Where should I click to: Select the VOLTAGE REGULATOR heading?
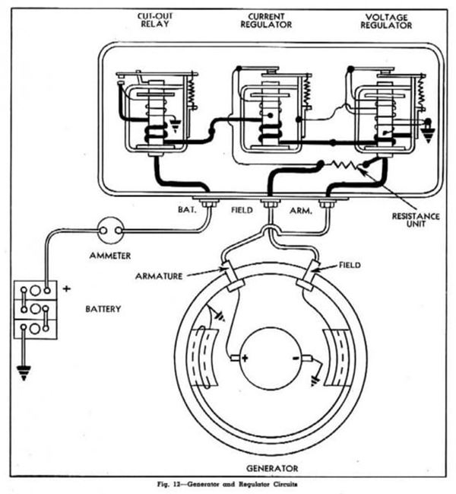[x=387, y=21]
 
